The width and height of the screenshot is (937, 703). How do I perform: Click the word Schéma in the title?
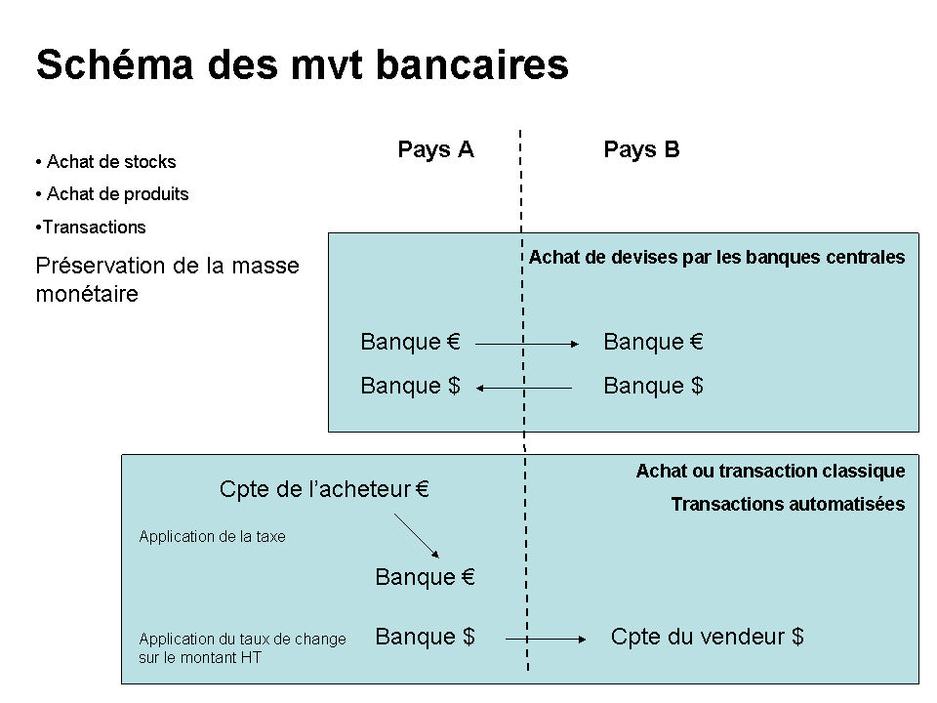pyautogui.click(x=115, y=64)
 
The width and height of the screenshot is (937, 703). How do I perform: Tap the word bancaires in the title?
pyautogui.click(x=472, y=64)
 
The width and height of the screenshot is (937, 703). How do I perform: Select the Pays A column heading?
pyautogui.click(x=435, y=149)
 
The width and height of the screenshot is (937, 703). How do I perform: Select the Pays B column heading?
pyautogui.click(x=641, y=149)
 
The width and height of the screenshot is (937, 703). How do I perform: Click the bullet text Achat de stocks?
pyautogui.click(x=111, y=161)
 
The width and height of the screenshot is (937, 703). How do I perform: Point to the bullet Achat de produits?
pyautogui.click(x=118, y=193)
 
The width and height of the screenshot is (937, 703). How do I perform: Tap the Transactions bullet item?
pyautogui.click(x=94, y=227)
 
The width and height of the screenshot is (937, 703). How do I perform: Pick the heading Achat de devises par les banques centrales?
pyautogui.click(x=717, y=257)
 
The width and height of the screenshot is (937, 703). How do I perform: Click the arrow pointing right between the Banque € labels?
pyautogui.click(x=527, y=344)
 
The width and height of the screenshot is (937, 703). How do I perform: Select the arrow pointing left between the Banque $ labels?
pyautogui.click(x=524, y=388)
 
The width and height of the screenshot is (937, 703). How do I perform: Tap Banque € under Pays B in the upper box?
pyautogui.click(x=653, y=342)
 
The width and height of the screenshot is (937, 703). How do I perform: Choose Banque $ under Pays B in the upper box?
pyautogui.click(x=653, y=386)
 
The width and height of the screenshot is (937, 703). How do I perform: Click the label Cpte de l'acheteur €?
pyautogui.click(x=324, y=489)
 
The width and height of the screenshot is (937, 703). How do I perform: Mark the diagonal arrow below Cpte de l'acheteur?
pyautogui.click(x=417, y=536)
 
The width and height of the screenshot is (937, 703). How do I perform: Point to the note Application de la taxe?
pyautogui.click(x=212, y=536)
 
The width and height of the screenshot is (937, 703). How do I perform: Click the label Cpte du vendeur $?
pyautogui.click(x=707, y=637)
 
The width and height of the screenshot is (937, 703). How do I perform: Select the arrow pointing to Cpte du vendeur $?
pyautogui.click(x=546, y=639)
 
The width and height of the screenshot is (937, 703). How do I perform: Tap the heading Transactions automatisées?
pyautogui.click(x=788, y=504)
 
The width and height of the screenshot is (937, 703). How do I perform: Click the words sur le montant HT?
pyautogui.click(x=200, y=657)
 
